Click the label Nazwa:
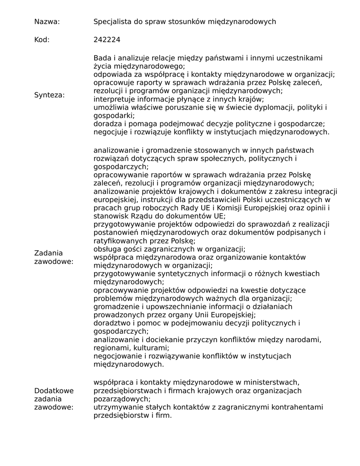pos(47,22)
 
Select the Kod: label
pos(42,40)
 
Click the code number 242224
pos(107,40)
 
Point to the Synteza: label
pos(50,95)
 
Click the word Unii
pos(203,314)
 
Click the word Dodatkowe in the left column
pos(54,390)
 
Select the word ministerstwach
pos(272,382)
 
